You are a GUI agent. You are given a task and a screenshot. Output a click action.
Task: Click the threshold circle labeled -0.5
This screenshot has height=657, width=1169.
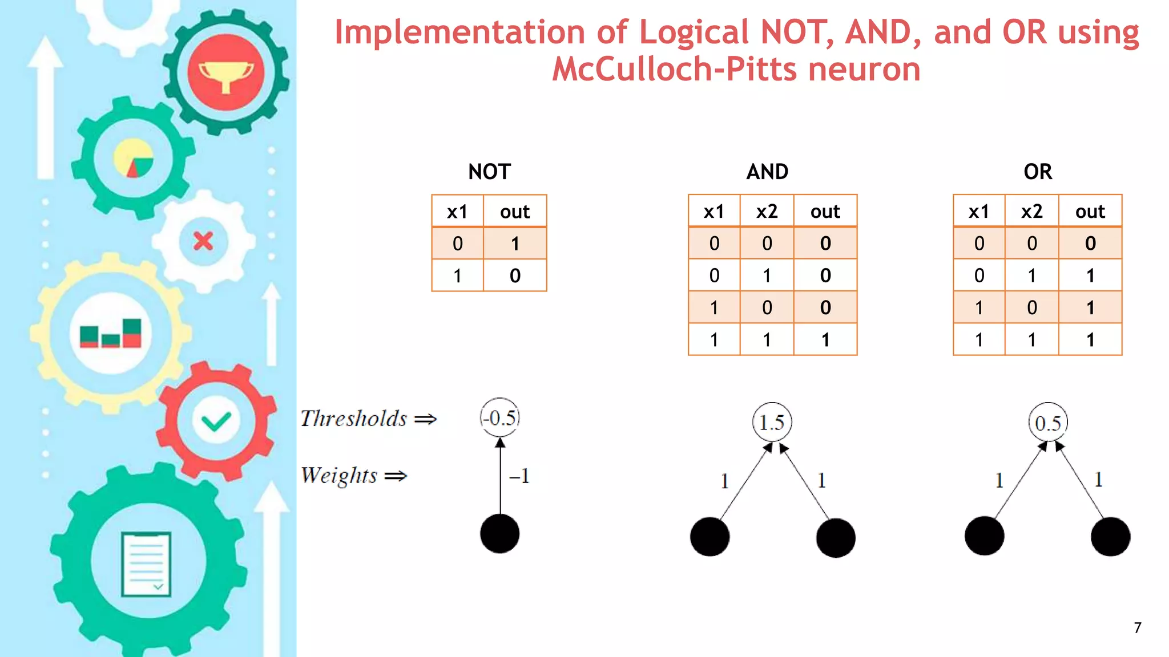[500, 417]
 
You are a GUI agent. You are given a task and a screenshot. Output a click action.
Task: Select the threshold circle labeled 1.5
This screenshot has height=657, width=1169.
[772, 423]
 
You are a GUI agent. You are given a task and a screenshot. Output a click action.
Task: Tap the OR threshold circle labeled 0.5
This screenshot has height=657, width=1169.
[1048, 423]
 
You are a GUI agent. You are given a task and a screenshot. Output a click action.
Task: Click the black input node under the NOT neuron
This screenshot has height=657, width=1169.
[500, 534]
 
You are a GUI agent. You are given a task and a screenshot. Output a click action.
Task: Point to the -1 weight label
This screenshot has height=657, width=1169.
[519, 476]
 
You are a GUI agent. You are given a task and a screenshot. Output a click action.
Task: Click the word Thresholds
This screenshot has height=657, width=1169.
[354, 419]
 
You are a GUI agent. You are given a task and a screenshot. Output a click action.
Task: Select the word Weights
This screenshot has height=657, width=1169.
[339, 476]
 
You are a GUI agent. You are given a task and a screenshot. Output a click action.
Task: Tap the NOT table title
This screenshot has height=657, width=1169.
[489, 172]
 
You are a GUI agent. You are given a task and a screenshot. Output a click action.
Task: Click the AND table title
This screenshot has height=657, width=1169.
[767, 172]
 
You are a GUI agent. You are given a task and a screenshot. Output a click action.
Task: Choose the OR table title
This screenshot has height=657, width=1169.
[1038, 172]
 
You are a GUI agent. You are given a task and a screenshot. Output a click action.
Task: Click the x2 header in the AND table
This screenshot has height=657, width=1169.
[767, 212]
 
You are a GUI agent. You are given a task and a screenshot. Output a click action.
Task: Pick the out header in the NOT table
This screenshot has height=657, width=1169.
[515, 212]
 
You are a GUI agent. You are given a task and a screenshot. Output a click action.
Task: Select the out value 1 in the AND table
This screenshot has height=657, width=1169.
[825, 340]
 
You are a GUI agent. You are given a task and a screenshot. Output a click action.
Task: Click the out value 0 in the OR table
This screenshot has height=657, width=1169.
[1090, 244]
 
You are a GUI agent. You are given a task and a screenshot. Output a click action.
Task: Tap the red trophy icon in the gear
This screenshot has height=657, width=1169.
[226, 72]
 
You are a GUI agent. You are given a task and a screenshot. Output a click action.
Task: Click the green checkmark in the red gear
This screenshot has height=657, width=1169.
[216, 421]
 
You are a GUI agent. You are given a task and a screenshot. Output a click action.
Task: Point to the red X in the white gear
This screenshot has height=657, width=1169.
[203, 241]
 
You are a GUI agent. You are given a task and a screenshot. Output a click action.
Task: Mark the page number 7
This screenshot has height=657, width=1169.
[1138, 628]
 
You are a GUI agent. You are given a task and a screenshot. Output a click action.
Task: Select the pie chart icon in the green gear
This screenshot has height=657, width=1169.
[134, 158]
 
